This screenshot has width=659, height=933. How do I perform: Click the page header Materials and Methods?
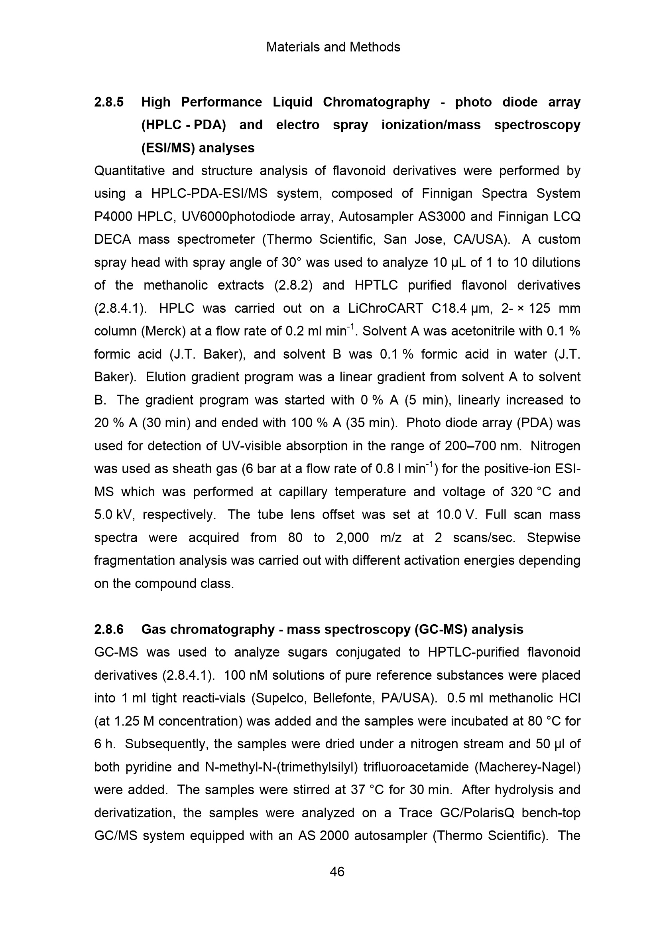coord(333,47)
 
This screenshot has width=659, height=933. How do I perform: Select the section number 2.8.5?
coord(109,102)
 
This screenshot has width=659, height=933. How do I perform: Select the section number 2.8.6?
coord(109,629)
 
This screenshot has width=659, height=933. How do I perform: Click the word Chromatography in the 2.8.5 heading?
coord(376,102)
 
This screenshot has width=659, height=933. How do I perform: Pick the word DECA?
coord(112,239)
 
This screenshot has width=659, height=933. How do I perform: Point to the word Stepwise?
coord(553,538)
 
